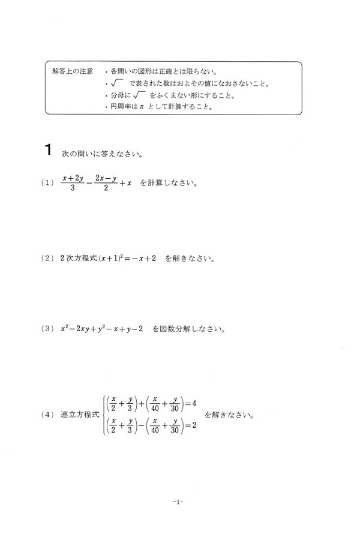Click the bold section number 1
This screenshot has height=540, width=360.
(50, 151)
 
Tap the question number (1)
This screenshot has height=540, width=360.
(49, 184)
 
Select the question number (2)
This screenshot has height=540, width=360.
(49, 259)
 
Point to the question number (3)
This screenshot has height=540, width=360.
(49, 329)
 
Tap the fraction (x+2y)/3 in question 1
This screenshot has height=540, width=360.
(72, 183)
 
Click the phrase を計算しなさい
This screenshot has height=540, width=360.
(169, 183)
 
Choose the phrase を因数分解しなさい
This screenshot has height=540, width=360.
(188, 329)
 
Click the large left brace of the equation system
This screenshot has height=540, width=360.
(104, 415)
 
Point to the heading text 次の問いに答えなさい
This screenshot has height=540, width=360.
(101, 153)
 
